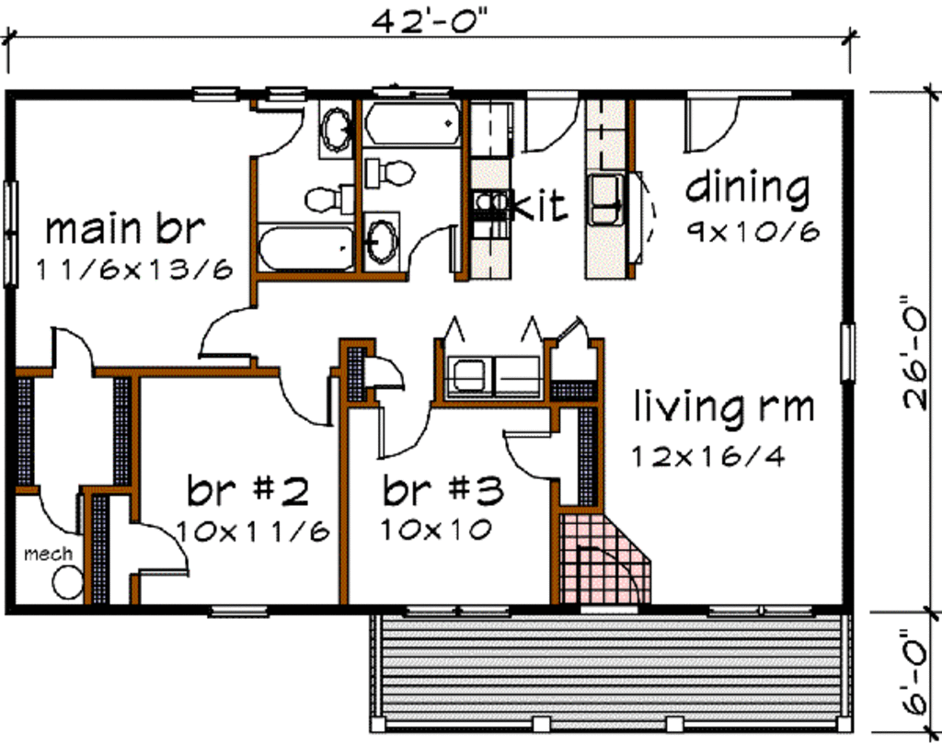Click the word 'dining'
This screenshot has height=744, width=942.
[747, 189]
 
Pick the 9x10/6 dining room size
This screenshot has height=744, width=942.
[752, 230]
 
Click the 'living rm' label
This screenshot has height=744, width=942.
[724, 406]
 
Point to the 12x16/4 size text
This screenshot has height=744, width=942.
[708, 456]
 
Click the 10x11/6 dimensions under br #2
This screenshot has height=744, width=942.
[253, 532]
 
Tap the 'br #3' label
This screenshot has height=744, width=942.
[443, 492]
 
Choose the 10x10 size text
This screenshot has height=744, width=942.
[435, 530]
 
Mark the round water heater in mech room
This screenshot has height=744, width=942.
[67, 583]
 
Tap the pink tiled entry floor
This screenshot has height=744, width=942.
[598, 561]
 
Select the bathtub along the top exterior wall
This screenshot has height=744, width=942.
[411, 124]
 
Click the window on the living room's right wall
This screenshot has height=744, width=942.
[847, 352]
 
